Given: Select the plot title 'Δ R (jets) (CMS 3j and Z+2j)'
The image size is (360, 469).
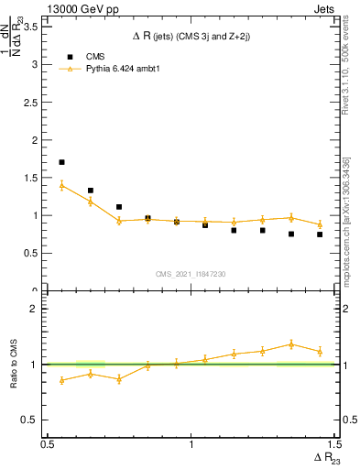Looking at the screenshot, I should (x=191, y=36).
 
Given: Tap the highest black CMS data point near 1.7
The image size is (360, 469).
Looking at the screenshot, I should (x=61, y=162).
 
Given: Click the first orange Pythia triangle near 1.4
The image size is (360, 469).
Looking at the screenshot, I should (x=61, y=185).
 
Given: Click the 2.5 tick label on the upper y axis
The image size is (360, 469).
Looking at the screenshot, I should (x=33, y=103).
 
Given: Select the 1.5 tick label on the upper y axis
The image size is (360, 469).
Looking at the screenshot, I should (x=33, y=178).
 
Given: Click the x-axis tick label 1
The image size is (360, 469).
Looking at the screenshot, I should (x=191, y=443).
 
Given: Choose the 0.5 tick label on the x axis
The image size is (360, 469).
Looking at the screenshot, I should (x=48, y=443).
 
